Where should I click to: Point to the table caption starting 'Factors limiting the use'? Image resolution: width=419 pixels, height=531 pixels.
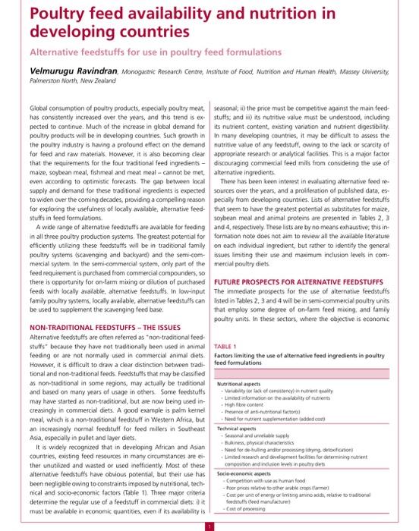(300, 358)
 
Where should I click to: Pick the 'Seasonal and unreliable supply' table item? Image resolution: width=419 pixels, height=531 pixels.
(259, 435)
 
